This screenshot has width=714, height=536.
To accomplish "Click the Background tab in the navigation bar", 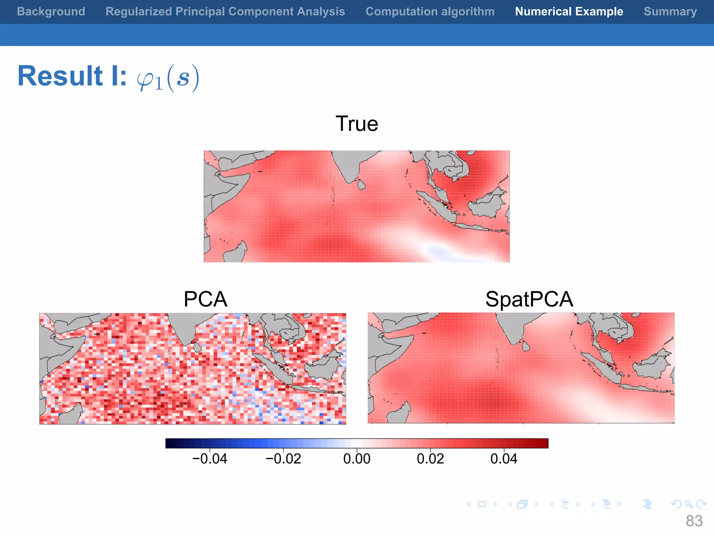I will coord(51,12).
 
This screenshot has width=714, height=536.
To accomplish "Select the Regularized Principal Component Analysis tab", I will coord(225,12).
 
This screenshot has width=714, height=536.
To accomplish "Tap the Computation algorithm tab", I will coord(430,12).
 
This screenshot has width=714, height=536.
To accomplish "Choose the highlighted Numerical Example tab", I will coord(569,12).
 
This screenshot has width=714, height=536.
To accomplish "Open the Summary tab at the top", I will coord(670,12).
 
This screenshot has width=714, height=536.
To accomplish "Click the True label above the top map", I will coord(357,124).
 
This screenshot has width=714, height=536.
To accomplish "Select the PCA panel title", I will coord(205,299).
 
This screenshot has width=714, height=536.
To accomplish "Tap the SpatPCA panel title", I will coord(529,299).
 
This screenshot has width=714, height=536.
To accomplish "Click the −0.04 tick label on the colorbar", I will coord(210,459).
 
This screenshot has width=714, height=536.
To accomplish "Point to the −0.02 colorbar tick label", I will coord(283,459).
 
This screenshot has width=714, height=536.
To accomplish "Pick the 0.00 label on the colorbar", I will coord(357,459).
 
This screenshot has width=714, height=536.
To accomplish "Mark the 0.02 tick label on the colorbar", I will coord(430,459).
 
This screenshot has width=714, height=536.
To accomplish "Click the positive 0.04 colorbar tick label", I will coord(504,459).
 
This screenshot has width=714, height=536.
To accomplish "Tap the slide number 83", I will coord(694,521).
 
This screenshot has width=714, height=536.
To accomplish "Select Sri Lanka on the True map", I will coord(362,184).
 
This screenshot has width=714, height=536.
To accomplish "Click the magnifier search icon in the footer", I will coord(689,504).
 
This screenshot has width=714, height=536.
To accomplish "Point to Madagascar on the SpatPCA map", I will coord(398,413).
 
